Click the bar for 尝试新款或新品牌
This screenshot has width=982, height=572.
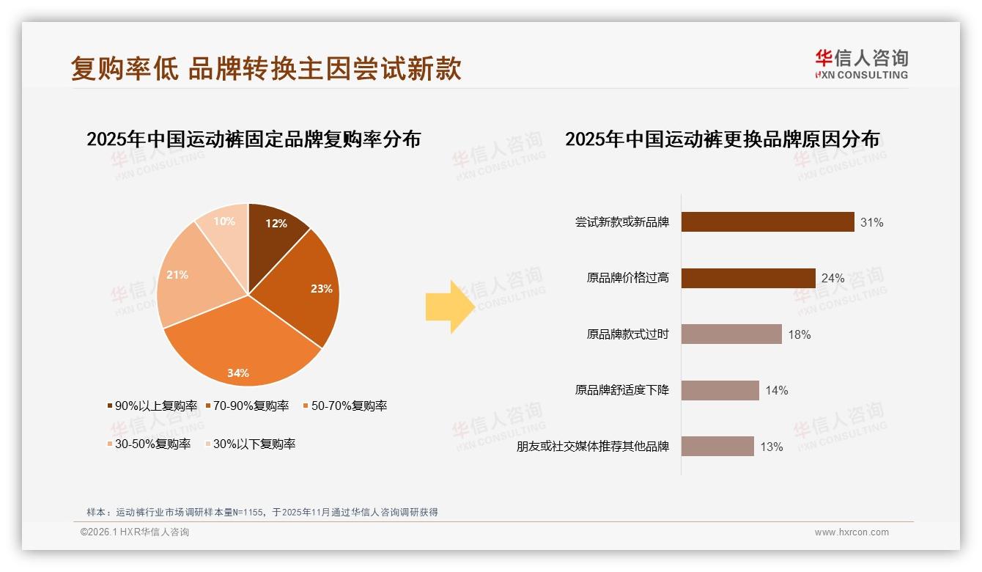(x=767, y=222)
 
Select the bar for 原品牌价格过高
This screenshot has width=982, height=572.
(x=747, y=279)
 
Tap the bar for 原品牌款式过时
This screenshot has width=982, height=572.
(x=731, y=334)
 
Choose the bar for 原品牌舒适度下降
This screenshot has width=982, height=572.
(x=720, y=390)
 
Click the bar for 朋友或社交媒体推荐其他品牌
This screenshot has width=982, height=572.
(x=717, y=447)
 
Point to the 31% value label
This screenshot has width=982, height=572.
(x=871, y=223)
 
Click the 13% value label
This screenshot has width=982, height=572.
(x=771, y=447)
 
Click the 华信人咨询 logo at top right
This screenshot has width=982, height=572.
(x=861, y=64)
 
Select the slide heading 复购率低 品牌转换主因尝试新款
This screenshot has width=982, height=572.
(x=266, y=68)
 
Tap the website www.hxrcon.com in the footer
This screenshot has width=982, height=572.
(x=852, y=532)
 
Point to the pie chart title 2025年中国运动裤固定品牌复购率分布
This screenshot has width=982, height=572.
(x=254, y=139)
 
